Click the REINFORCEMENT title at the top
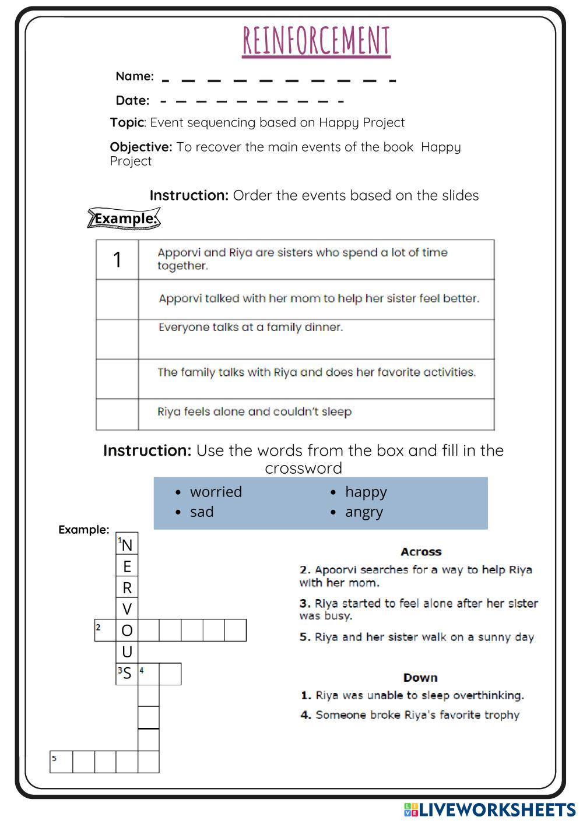point(316,41)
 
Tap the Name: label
point(135,76)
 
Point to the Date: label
point(132,101)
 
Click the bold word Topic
point(127,122)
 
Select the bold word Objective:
point(141,147)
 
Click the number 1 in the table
point(117,260)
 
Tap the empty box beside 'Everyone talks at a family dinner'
point(117,339)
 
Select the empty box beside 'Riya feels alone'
point(117,414)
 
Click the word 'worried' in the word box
point(216,492)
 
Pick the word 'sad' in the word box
point(202,512)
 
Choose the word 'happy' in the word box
point(366,492)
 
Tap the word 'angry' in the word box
point(364,512)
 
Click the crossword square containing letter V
point(127,609)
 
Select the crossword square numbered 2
point(106,630)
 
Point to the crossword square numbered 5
point(61,762)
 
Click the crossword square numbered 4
point(149,674)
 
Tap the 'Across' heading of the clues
point(421,551)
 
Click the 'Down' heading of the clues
point(420,677)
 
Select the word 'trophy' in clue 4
point(501,715)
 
